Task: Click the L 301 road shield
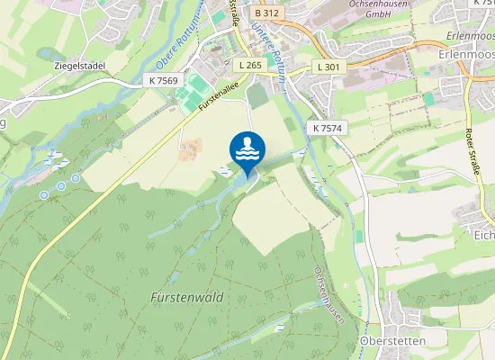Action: click(328, 67)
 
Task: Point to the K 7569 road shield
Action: click(161, 81)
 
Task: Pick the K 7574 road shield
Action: click(329, 129)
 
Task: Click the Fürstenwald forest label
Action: click(186, 296)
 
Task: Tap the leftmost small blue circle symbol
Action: click(43, 194)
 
